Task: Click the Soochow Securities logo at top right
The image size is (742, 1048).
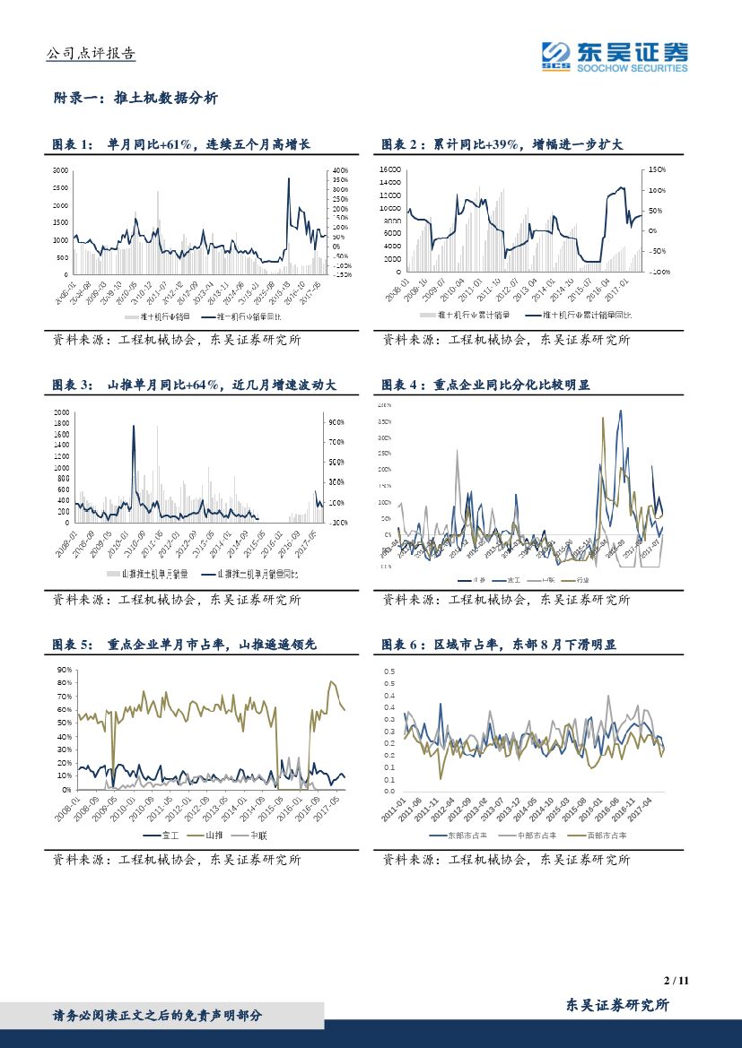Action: (x=615, y=56)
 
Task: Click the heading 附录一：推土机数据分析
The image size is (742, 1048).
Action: (x=135, y=99)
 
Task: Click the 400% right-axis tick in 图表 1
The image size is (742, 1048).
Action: (x=340, y=169)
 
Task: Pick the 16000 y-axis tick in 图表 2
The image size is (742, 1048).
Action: (x=389, y=169)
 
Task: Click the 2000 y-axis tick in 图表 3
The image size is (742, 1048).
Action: (x=61, y=412)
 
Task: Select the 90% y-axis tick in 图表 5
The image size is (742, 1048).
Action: (x=64, y=670)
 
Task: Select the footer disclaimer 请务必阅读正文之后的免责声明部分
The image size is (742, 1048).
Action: (x=158, y=1016)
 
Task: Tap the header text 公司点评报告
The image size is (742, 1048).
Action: (x=90, y=54)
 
